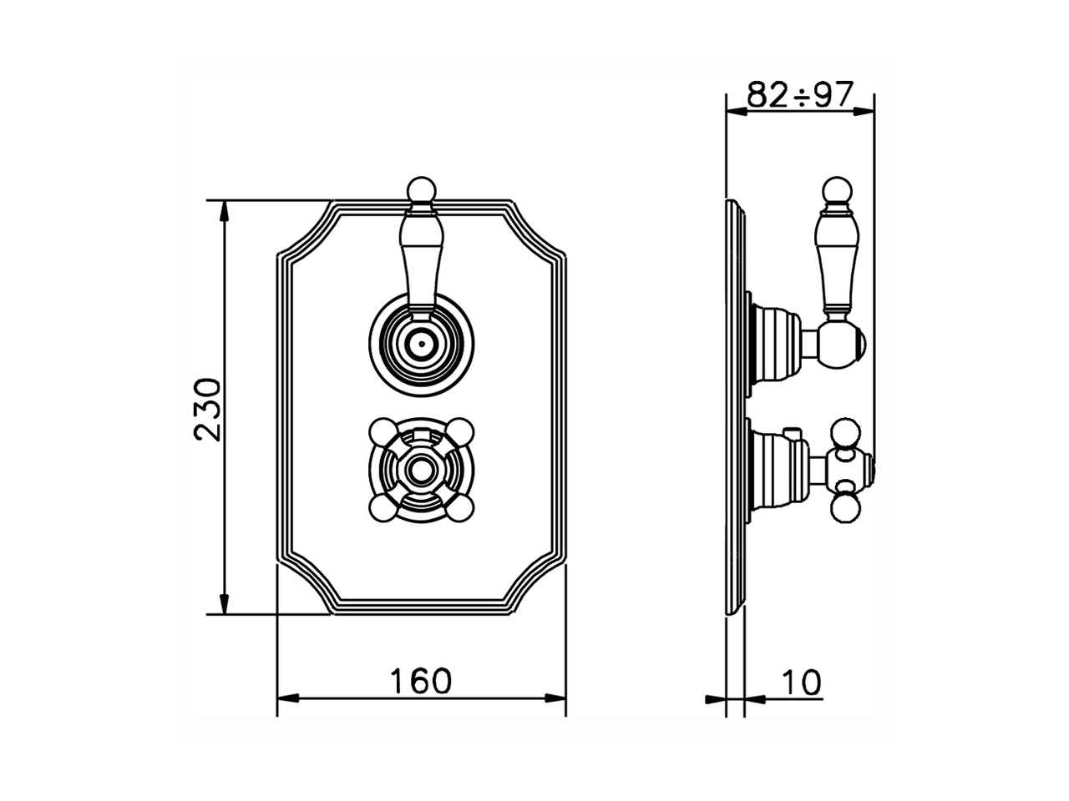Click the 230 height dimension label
click(x=207, y=409)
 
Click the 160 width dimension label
click(x=421, y=681)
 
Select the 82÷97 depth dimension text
click(x=799, y=94)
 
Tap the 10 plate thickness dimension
click(x=803, y=683)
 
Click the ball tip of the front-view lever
click(x=421, y=190)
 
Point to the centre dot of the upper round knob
click(x=421, y=341)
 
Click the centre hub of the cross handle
click(x=421, y=471)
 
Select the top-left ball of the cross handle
click(x=381, y=431)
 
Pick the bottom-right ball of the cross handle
click(x=461, y=509)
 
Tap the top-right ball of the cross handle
click(x=461, y=431)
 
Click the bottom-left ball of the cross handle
click(x=381, y=509)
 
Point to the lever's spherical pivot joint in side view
click(x=840, y=343)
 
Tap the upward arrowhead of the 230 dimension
click(x=224, y=209)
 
